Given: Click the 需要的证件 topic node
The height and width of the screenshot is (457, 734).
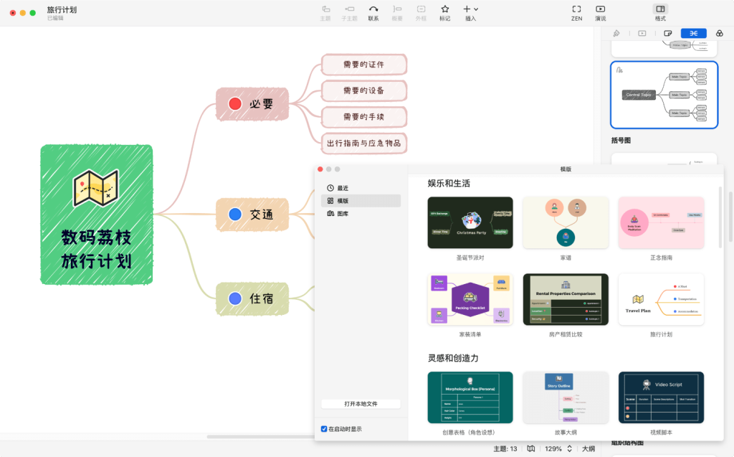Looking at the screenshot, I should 363,65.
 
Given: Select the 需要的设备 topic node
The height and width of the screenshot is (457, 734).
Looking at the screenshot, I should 363,91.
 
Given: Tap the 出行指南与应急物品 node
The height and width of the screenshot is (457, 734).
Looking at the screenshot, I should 363,143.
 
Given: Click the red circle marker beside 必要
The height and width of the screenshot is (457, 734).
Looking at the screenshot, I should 235,104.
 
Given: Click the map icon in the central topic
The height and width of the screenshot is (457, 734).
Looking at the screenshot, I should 96,188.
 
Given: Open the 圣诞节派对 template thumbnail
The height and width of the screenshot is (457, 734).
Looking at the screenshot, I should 470,222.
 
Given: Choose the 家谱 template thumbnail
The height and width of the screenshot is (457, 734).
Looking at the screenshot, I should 566,222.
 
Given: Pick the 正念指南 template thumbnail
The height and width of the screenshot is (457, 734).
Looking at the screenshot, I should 661,222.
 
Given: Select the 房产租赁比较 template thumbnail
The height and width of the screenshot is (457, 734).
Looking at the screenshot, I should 566,299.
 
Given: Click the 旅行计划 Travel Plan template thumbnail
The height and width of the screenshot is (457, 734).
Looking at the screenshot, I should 661,299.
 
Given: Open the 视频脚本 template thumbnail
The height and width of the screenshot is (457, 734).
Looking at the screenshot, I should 661,397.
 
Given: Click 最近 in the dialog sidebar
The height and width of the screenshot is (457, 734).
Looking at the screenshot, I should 343,188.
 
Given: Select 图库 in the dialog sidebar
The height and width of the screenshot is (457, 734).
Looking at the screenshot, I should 343,214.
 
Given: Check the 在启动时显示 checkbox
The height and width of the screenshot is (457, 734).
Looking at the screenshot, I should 325,429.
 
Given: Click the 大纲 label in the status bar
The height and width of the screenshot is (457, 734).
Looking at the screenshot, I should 588,448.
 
